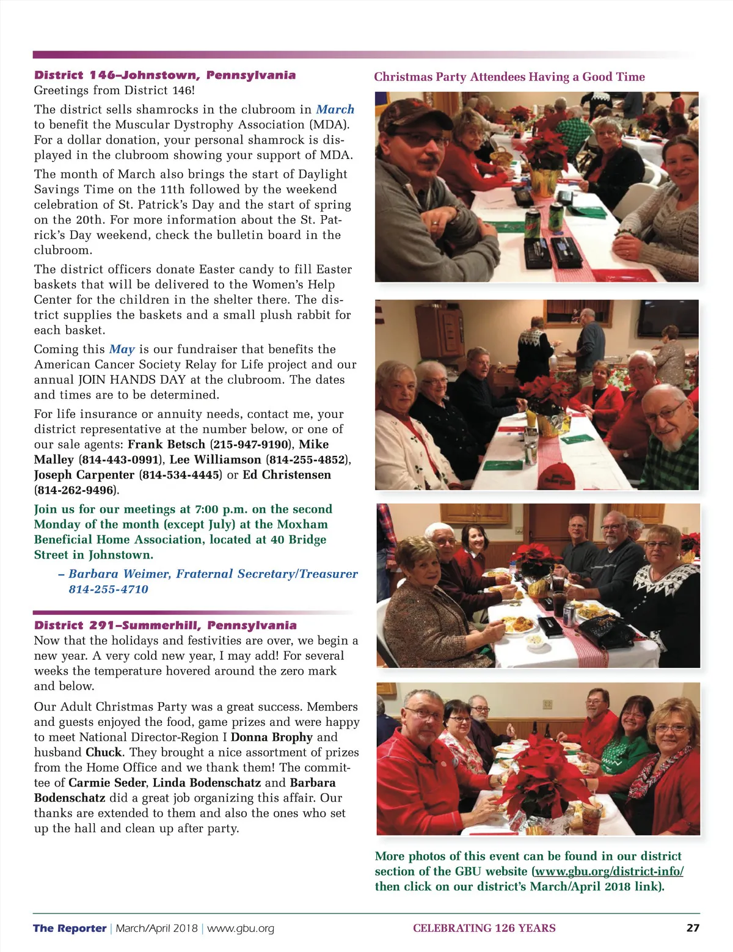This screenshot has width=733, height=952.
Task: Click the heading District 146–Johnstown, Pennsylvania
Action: [165, 75]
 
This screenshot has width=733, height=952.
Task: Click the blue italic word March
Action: [335, 109]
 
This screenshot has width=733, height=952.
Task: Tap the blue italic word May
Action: [122, 349]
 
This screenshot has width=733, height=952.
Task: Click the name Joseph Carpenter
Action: [84, 475]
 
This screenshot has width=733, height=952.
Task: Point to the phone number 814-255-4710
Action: [108, 589]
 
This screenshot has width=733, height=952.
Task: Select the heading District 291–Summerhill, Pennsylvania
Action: [165, 625]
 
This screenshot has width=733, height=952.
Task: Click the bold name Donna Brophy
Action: [271, 737]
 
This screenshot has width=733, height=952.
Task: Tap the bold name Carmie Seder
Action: [107, 783]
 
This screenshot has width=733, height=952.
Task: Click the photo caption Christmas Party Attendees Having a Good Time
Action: [509, 77]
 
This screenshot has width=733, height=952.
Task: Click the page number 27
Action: [693, 928]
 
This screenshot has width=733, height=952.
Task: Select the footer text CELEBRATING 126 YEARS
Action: [484, 928]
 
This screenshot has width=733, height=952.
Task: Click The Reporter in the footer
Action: [70, 928]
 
